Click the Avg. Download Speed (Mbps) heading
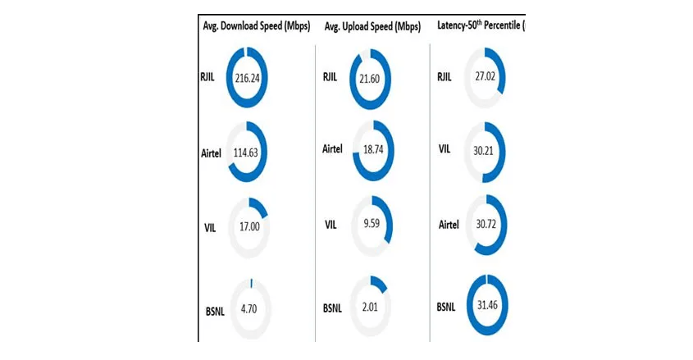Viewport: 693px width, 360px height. [x=256, y=25]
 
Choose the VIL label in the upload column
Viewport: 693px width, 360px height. [x=331, y=225]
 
